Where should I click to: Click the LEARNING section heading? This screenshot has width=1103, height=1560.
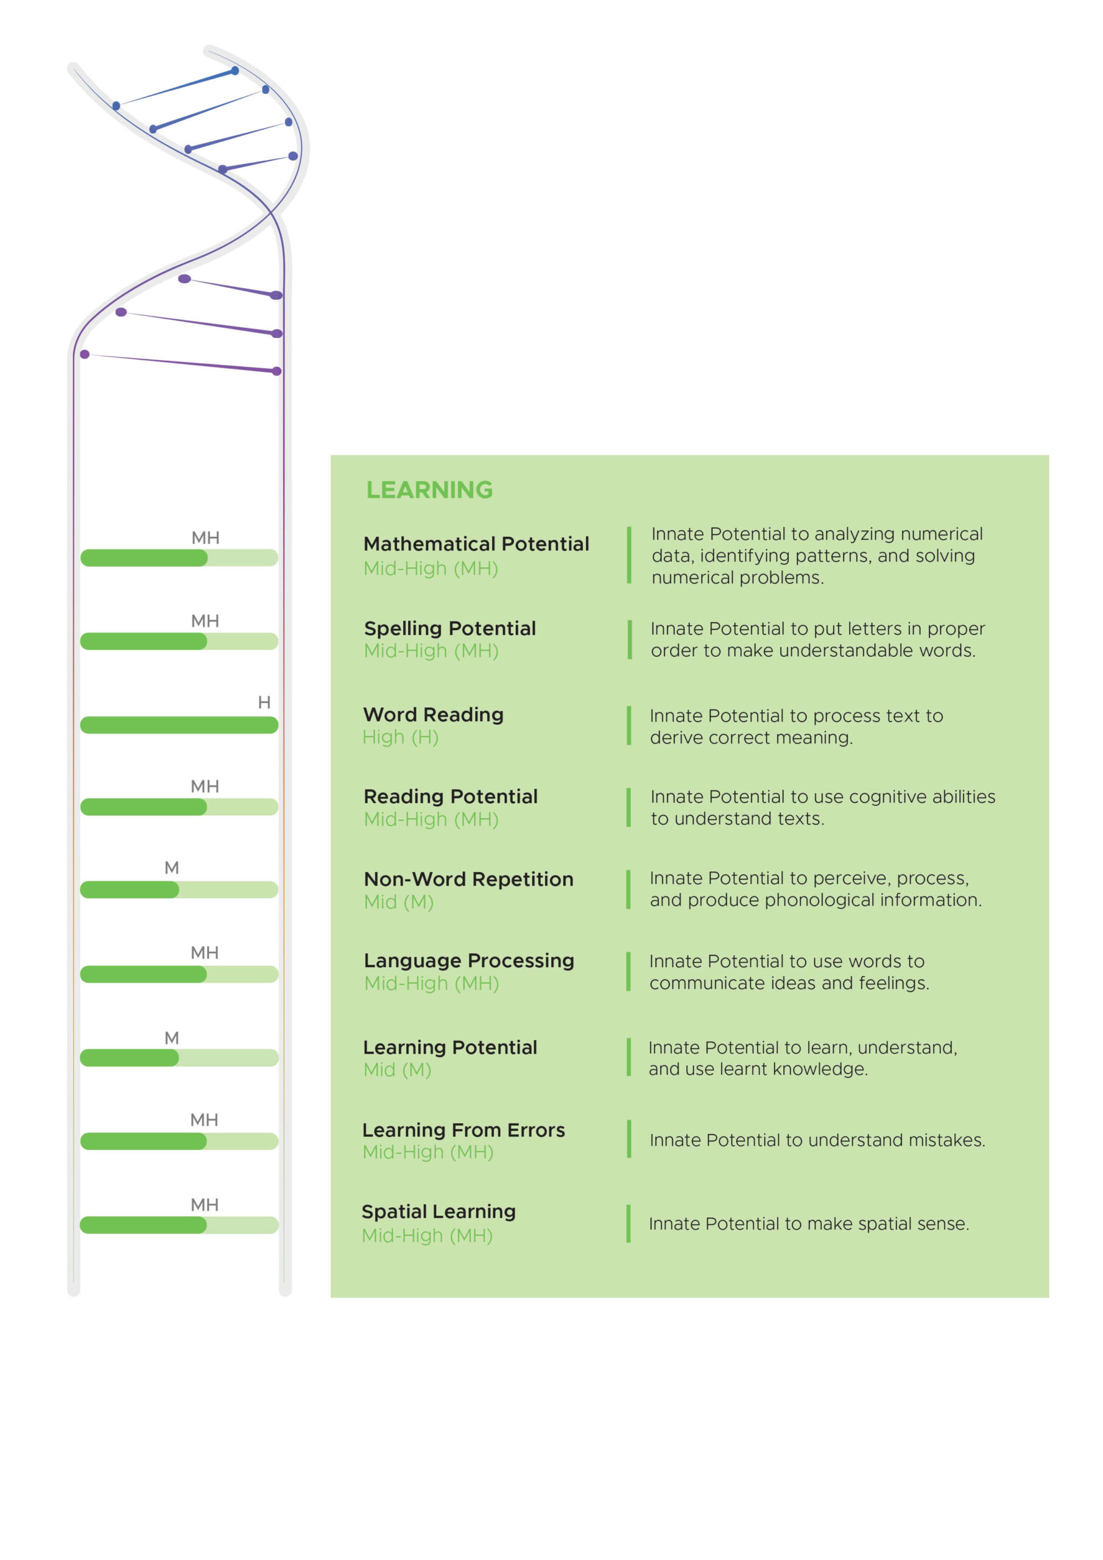pyautogui.click(x=429, y=490)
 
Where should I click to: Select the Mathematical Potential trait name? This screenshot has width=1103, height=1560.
pyautogui.click(x=476, y=544)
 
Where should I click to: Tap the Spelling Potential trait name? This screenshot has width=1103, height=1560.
pyautogui.click(x=449, y=628)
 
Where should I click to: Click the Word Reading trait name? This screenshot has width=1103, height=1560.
pyautogui.click(x=433, y=714)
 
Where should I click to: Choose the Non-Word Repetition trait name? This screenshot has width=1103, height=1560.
pyautogui.click(x=468, y=879)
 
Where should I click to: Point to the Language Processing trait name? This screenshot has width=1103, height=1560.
pyautogui.click(x=468, y=961)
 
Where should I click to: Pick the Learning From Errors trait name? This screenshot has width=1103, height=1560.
pyautogui.click(x=463, y=1130)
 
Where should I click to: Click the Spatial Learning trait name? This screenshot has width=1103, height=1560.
pyautogui.click(x=439, y=1212)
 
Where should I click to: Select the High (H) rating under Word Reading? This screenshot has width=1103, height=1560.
pyautogui.click(x=400, y=737)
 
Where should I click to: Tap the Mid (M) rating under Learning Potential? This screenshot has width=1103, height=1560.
pyautogui.click(x=397, y=1070)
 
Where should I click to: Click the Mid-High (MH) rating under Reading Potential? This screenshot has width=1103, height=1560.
pyautogui.click(x=431, y=820)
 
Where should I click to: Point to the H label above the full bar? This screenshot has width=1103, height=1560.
pyautogui.click(x=264, y=703)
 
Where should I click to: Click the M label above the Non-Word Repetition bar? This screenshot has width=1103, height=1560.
pyautogui.click(x=172, y=868)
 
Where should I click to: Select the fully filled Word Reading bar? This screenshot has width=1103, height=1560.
pyautogui.click(x=179, y=725)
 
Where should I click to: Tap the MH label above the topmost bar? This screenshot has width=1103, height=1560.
pyautogui.click(x=205, y=538)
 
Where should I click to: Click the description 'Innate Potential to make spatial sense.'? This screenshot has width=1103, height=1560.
pyautogui.click(x=809, y=1224)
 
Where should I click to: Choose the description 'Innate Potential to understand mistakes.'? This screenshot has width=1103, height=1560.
pyautogui.click(x=817, y=1140)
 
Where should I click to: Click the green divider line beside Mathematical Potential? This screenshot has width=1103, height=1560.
pyautogui.click(x=629, y=555)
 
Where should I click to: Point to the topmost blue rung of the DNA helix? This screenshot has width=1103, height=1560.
pyautogui.click(x=176, y=88)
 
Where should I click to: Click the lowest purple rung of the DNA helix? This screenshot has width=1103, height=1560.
pyautogui.click(x=181, y=363)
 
